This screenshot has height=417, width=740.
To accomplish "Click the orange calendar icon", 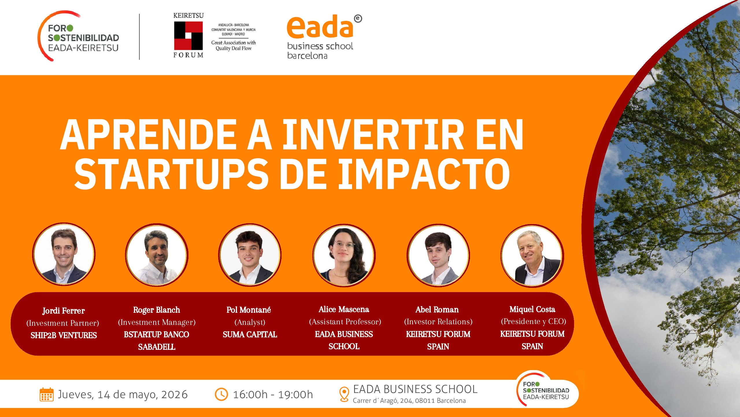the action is coord(46,394).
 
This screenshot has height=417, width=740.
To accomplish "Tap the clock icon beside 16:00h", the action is coord(221,394).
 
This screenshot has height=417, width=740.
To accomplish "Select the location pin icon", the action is coord(344,394).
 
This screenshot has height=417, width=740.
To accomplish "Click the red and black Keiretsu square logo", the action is coord(188,36).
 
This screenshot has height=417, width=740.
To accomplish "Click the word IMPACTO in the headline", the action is coord(424,174).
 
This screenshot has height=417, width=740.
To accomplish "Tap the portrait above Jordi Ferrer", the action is coord(64,254).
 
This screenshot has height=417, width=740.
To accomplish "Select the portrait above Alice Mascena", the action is coord(344,255).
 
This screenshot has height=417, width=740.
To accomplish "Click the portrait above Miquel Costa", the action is coord(532,256).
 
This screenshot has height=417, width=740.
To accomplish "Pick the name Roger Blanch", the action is coord(156,310).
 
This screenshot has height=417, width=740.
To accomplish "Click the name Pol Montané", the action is coord(249,310).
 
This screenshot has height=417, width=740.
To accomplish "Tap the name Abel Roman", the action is coord(437,310).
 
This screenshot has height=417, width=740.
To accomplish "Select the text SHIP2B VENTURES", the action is coord(64,335).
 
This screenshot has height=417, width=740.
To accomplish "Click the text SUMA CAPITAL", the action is coord(250,334).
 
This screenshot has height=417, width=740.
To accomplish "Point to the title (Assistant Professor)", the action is coord(345,322).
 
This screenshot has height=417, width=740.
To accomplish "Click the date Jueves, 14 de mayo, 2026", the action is coord(123,395).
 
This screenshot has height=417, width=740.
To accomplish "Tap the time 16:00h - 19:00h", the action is coord(273,394).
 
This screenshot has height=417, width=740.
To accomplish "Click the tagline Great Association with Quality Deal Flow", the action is coord(234,45).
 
